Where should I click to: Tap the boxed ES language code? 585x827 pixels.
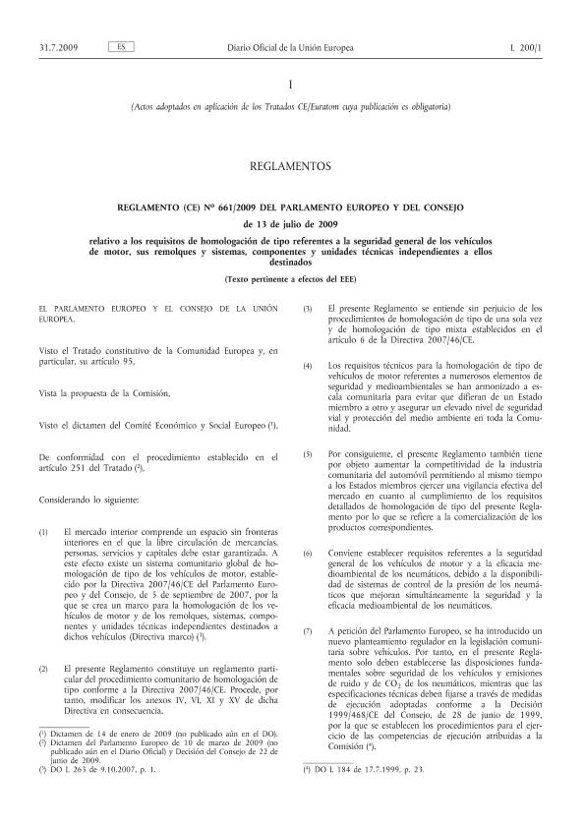pyautogui.click(x=118, y=19)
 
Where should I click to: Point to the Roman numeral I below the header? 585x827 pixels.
pyautogui.click(x=291, y=86)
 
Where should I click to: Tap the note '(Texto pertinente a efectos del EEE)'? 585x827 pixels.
pyautogui.click(x=291, y=281)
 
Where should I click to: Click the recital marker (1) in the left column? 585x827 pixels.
pyautogui.click(x=43, y=532)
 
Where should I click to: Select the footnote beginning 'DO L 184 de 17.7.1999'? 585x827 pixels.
pyautogui.click(x=363, y=769)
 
